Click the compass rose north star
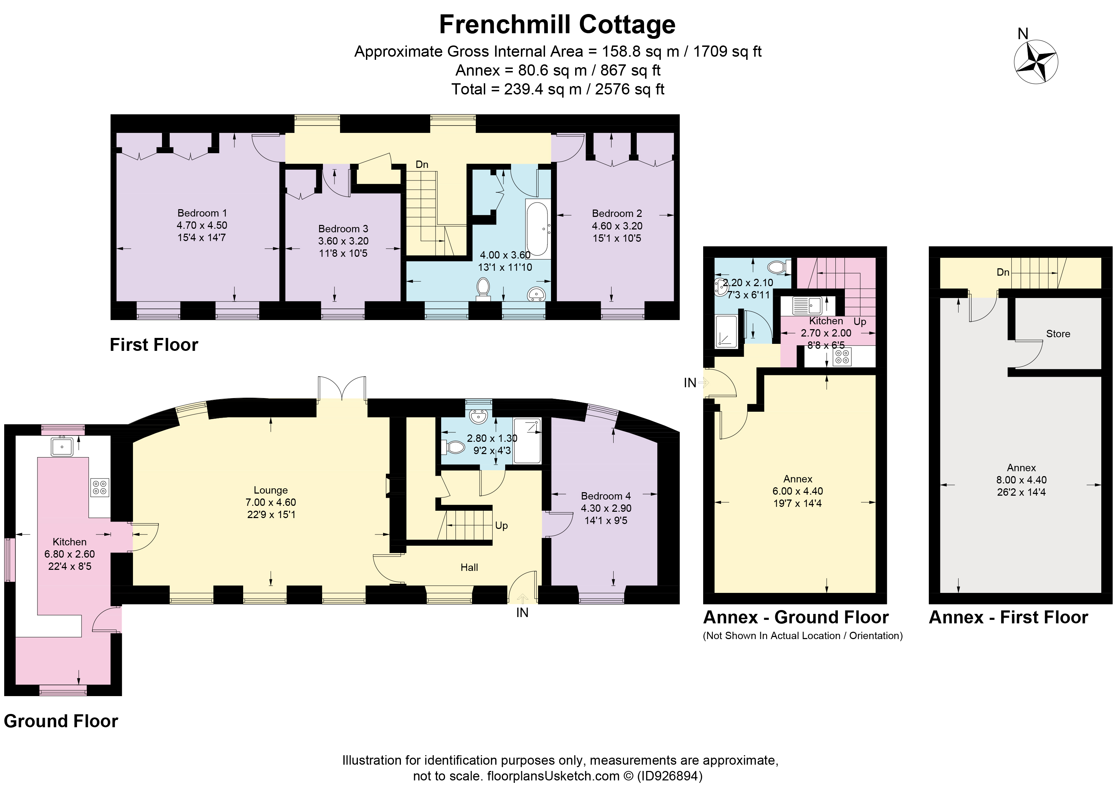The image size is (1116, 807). (x=1036, y=62)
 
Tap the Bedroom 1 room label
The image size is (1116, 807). (x=202, y=213)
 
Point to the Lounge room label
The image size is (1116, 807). (x=271, y=490)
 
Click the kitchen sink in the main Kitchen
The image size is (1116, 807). (x=62, y=447)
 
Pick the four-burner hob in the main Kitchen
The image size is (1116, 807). (x=99, y=487)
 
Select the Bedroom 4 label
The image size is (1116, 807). (x=606, y=496)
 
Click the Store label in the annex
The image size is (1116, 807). (x=1058, y=334)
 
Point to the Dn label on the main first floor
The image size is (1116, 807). (x=422, y=164)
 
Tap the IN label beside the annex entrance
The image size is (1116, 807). (x=690, y=382)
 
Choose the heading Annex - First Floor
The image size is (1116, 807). (x=1008, y=617)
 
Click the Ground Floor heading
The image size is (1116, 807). (x=61, y=721)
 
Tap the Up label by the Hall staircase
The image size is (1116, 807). (x=501, y=525)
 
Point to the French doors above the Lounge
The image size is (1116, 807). (x=342, y=389)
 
